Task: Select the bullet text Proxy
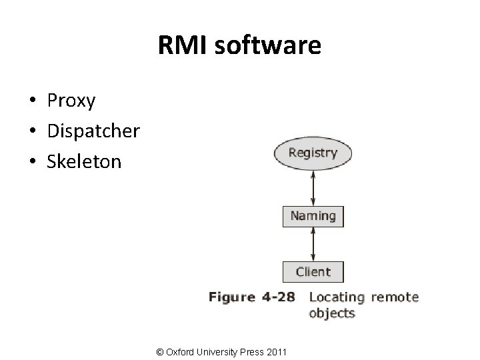click(71, 101)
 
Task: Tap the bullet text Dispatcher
click(93, 131)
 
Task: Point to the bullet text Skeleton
click(84, 161)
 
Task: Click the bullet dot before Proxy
click(32, 101)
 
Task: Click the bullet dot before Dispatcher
click(32, 131)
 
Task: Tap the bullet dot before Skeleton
click(32, 161)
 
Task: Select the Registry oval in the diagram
click(313, 153)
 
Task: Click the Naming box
click(313, 216)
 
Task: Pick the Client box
click(313, 272)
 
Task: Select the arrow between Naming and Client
click(313, 244)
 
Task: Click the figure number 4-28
click(279, 297)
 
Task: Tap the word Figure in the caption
click(232, 297)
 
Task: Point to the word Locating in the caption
click(337, 297)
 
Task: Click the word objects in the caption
click(332, 313)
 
